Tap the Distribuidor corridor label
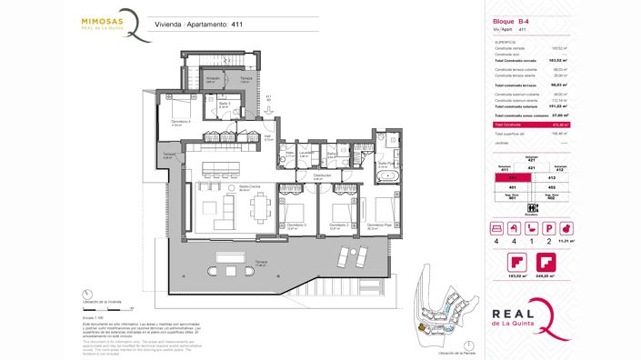pyautogui.click(x=321, y=175)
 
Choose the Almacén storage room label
pyautogui.click(x=214, y=78)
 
